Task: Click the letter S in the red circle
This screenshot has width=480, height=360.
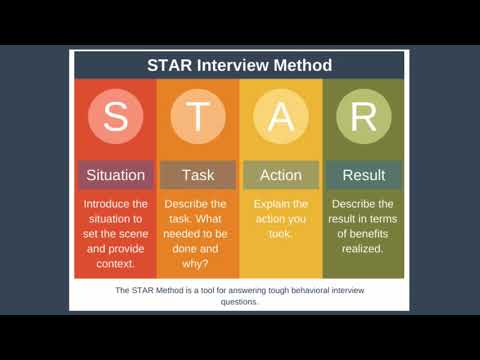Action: (x=115, y=117)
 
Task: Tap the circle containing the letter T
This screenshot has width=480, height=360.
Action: (x=198, y=117)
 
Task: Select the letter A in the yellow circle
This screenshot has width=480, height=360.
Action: (x=280, y=117)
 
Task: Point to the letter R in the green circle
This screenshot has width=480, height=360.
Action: (x=363, y=117)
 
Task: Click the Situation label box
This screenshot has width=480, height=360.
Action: (x=115, y=175)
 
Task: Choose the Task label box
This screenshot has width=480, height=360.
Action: (x=198, y=175)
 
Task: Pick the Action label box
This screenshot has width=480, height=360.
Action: (x=280, y=175)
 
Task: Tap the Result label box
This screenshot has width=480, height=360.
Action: (x=363, y=175)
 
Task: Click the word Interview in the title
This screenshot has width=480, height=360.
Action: (x=239, y=66)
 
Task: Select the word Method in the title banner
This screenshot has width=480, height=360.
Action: (x=304, y=66)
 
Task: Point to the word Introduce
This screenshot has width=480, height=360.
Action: (x=115, y=203)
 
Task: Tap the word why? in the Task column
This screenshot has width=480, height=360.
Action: (x=198, y=264)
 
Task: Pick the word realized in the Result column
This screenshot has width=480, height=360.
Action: (x=363, y=249)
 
